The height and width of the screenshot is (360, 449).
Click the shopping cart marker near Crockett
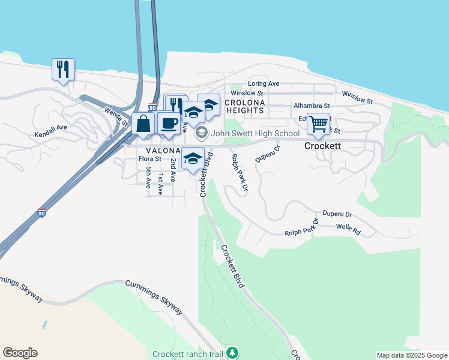coord(318,124)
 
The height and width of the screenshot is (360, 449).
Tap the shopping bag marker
coord(143,124)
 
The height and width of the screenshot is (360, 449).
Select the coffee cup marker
coord(169,124)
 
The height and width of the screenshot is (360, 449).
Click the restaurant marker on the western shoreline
coord(62,69)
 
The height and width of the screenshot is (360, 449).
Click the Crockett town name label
coord(322,146)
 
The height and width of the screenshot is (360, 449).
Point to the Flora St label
coord(149,159)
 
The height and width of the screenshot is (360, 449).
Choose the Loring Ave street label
coord(264,84)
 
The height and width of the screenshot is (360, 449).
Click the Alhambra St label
coord(312,106)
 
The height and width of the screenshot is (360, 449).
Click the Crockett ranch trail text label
coord(188,354)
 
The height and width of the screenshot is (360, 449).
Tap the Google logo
coord(20,353)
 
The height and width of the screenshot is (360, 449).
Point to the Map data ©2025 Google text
coord(411,355)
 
